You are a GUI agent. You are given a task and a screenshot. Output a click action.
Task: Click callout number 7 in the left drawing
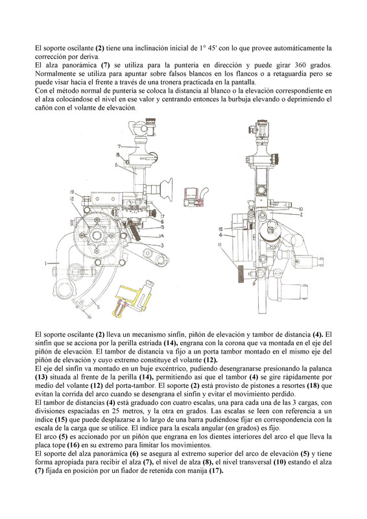(x=119, y=146)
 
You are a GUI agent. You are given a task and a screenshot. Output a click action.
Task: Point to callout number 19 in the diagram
(x=72, y=191)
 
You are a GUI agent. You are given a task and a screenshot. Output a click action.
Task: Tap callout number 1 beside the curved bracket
(x=46, y=263)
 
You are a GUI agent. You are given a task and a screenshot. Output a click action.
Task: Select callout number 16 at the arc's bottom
(x=89, y=316)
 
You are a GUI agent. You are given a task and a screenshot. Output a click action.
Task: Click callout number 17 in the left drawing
(x=162, y=216)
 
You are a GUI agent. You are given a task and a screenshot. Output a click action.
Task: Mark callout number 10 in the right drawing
(x=300, y=209)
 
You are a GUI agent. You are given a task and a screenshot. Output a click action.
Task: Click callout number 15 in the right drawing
(x=221, y=229)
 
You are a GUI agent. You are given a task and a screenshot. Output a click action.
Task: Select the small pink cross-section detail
(x=195, y=197)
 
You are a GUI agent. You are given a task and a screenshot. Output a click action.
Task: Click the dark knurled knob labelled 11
(x=241, y=274)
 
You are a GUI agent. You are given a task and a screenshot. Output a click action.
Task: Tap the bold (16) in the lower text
(x=73, y=445)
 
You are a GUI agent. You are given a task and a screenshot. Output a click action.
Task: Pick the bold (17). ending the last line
(x=217, y=471)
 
